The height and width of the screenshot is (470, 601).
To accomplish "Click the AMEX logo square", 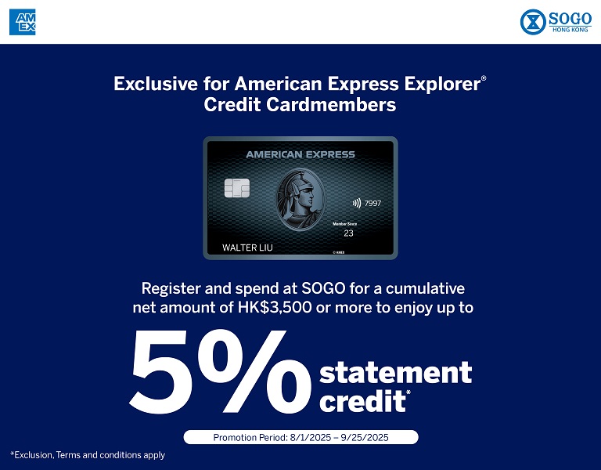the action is [x=22, y=22].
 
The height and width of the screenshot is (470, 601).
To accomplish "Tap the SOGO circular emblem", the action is [x=533, y=22].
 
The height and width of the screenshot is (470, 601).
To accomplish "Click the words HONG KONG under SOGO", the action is [x=570, y=30].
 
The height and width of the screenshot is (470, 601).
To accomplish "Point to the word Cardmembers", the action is [x=331, y=104].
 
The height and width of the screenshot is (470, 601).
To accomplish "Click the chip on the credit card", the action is [x=237, y=188].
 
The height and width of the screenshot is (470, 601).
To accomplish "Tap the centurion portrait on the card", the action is [x=300, y=199].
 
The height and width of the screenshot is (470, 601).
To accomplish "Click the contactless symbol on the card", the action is [x=357, y=203].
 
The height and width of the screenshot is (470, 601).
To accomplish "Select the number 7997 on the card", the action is [x=373, y=204].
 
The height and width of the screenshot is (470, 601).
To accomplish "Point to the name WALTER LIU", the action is [x=247, y=248].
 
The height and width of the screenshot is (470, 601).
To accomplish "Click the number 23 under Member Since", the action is [x=348, y=233].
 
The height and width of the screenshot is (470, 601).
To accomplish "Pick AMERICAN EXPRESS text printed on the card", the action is [x=300, y=154].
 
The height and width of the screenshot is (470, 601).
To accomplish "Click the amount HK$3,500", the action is [x=275, y=308].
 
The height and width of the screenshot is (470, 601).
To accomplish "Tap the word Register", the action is [x=171, y=288].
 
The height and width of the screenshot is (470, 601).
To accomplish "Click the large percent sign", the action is [x=254, y=371].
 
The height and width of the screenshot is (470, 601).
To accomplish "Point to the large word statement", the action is [x=395, y=372].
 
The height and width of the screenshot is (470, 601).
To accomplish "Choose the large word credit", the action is [x=362, y=401].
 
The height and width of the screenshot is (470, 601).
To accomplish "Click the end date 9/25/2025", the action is [x=365, y=437].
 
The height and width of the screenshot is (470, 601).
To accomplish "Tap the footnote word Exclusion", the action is [x=34, y=455].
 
